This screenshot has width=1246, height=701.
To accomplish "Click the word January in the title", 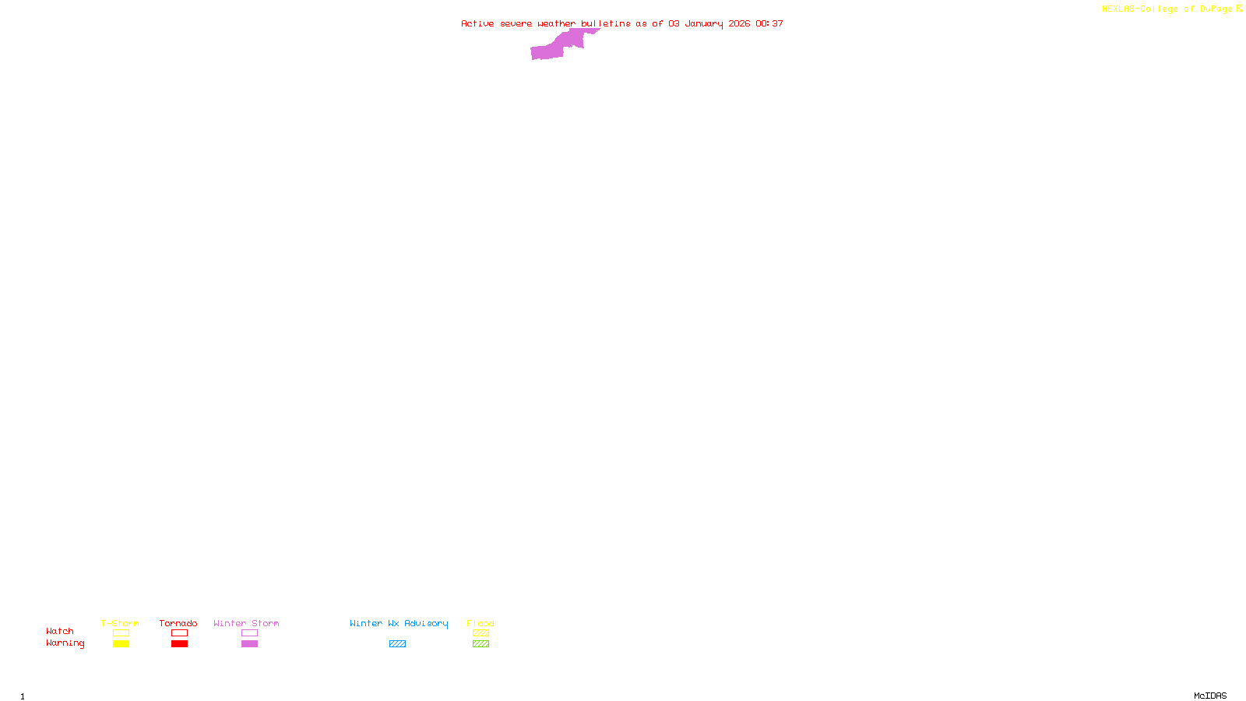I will [703, 23].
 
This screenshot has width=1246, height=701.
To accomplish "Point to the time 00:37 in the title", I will [769, 23].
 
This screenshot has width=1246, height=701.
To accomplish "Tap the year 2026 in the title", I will [739, 23].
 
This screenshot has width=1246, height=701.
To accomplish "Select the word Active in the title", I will [477, 23].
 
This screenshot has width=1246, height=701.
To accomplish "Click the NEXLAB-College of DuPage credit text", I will [1167, 9].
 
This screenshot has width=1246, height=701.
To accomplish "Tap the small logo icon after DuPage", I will [1239, 9].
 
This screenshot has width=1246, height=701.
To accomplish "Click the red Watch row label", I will [60, 631].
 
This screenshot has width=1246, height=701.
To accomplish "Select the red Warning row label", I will [65, 643].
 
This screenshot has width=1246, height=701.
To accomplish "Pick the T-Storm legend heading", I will [120, 623].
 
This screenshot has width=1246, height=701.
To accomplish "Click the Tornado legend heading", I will [178, 623].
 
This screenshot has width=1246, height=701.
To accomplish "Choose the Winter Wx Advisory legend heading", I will [399, 623].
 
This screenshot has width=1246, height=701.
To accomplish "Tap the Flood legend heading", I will [480, 623].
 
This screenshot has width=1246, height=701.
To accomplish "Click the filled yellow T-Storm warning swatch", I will [121, 644].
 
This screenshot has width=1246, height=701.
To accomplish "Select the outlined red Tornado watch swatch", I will [179, 633].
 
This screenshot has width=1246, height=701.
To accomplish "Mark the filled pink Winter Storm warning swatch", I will [249, 644].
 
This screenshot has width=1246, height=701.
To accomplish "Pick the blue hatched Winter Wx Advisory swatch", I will [397, 644].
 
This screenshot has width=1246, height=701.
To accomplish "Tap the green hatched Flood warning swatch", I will [480, 644].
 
